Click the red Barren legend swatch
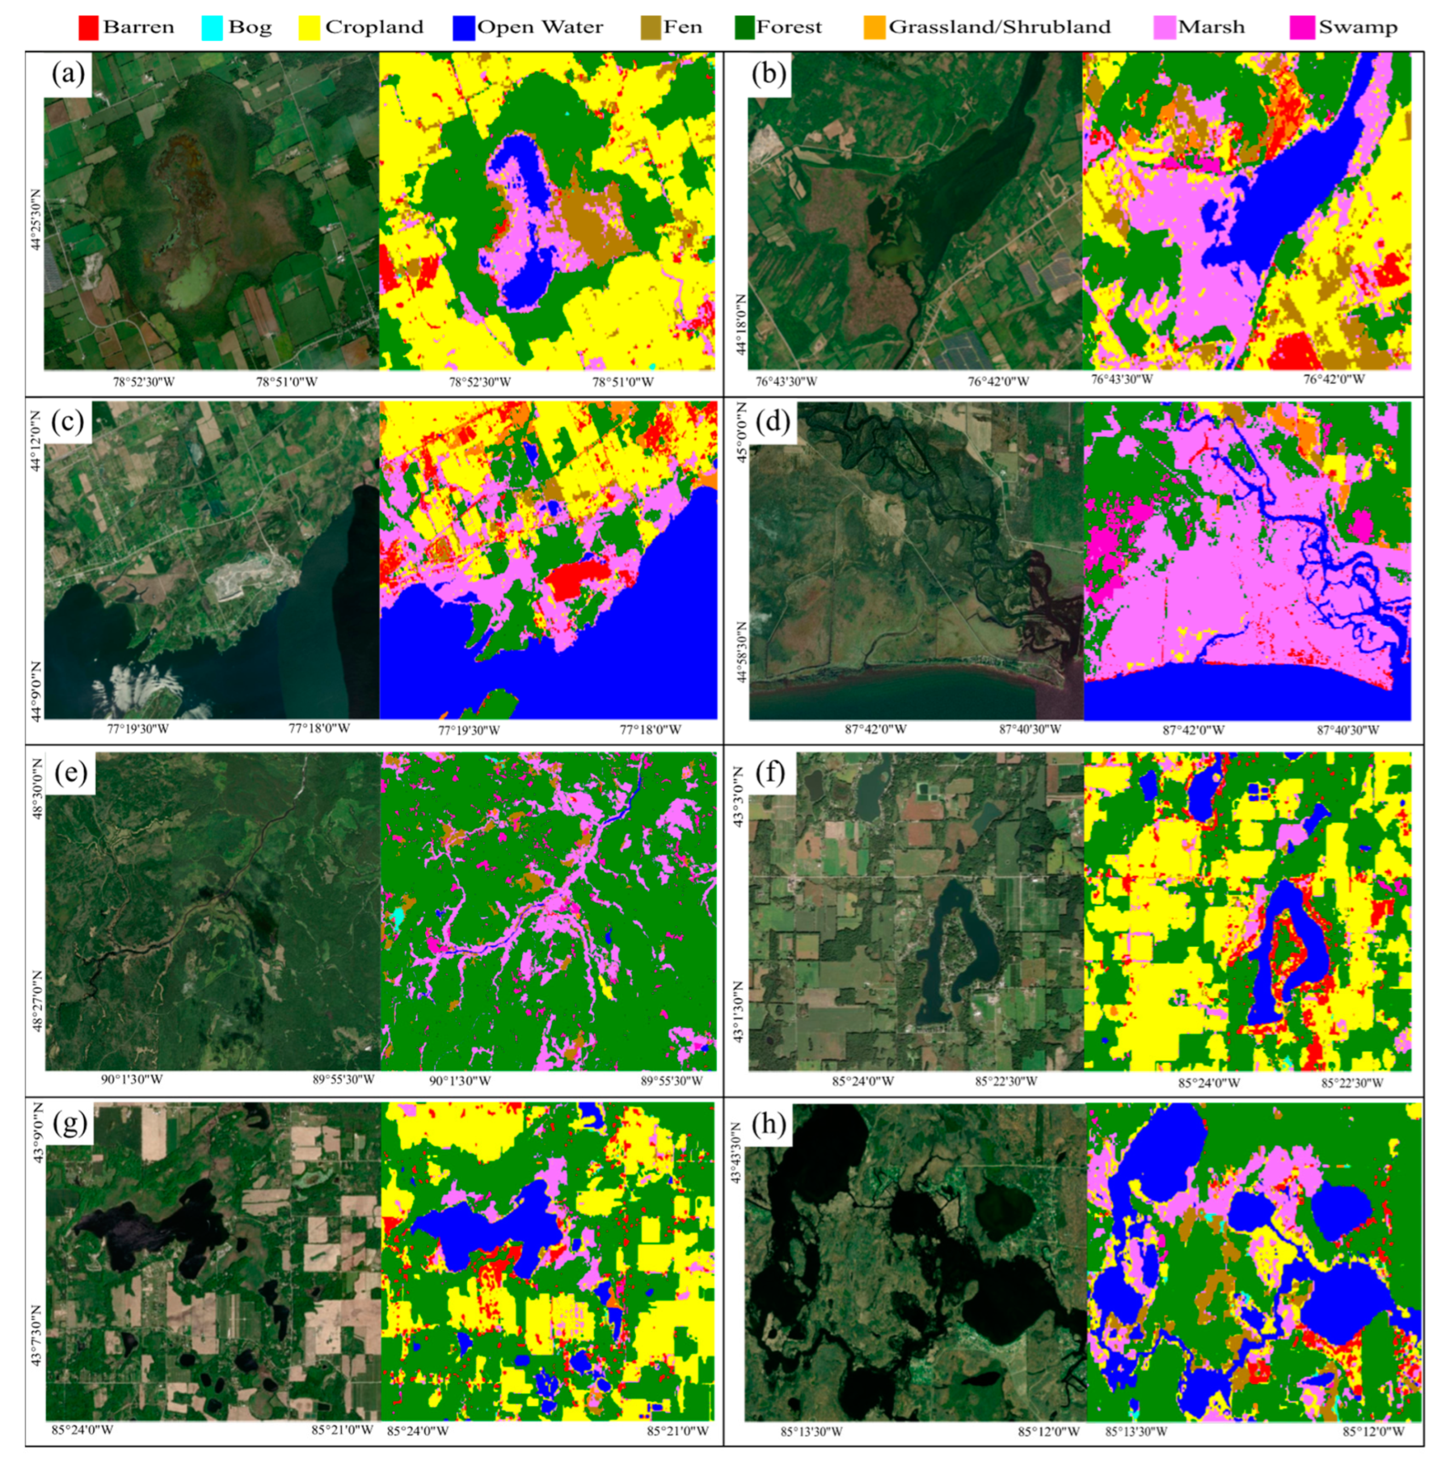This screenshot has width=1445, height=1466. pyautogui.click(x=89, y=28)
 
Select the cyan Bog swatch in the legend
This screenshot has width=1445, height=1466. pyautogui.click(x=213, y=28)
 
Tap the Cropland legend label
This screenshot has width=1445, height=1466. pyautogui.click(x=373, y=27)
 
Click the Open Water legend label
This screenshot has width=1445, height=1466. pyautogui.click(x=539, y=27)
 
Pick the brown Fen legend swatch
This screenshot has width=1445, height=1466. pyautogui.click(x=650, y=28)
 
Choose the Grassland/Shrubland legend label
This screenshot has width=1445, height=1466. pyautogui.click(x=998, y=27)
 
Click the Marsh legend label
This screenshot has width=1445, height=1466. pyautogui.click(x=1211, y=27)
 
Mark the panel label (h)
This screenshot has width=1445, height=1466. pyautogui.click(x=769, y=1124)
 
